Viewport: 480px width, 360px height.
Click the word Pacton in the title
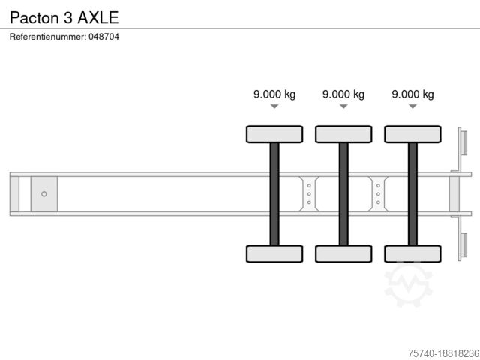click(34, 17)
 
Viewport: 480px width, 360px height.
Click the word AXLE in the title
click(98, 17)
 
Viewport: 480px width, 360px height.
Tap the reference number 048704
click(103, 37)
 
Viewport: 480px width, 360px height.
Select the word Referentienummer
click(48, 37)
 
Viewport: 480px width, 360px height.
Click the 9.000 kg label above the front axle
click(274, 94)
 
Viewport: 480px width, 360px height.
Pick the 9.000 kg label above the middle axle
click(343, 94)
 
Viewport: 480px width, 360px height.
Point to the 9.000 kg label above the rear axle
click(412, 94)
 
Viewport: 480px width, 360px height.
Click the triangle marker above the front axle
click(274, 106)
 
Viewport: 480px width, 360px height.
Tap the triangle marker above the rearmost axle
click(412, 106)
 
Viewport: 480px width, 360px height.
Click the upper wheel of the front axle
click(274, 134)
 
